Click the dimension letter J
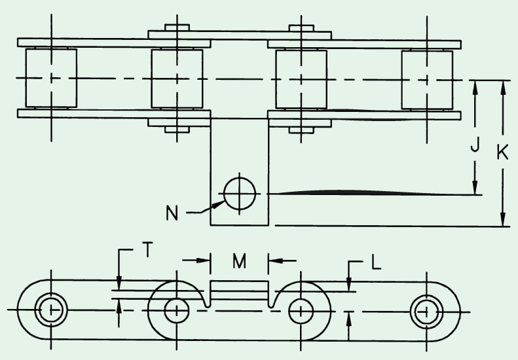pos(475,145)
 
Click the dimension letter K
pos(502,153)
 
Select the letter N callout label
pos(172,213)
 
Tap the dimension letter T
pos(147,249)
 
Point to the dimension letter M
pos(239,261)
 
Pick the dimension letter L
pos(377,263)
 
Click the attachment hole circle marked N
pos(240,194)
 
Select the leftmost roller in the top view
pos(51,79)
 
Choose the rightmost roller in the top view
pos(427,80)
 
